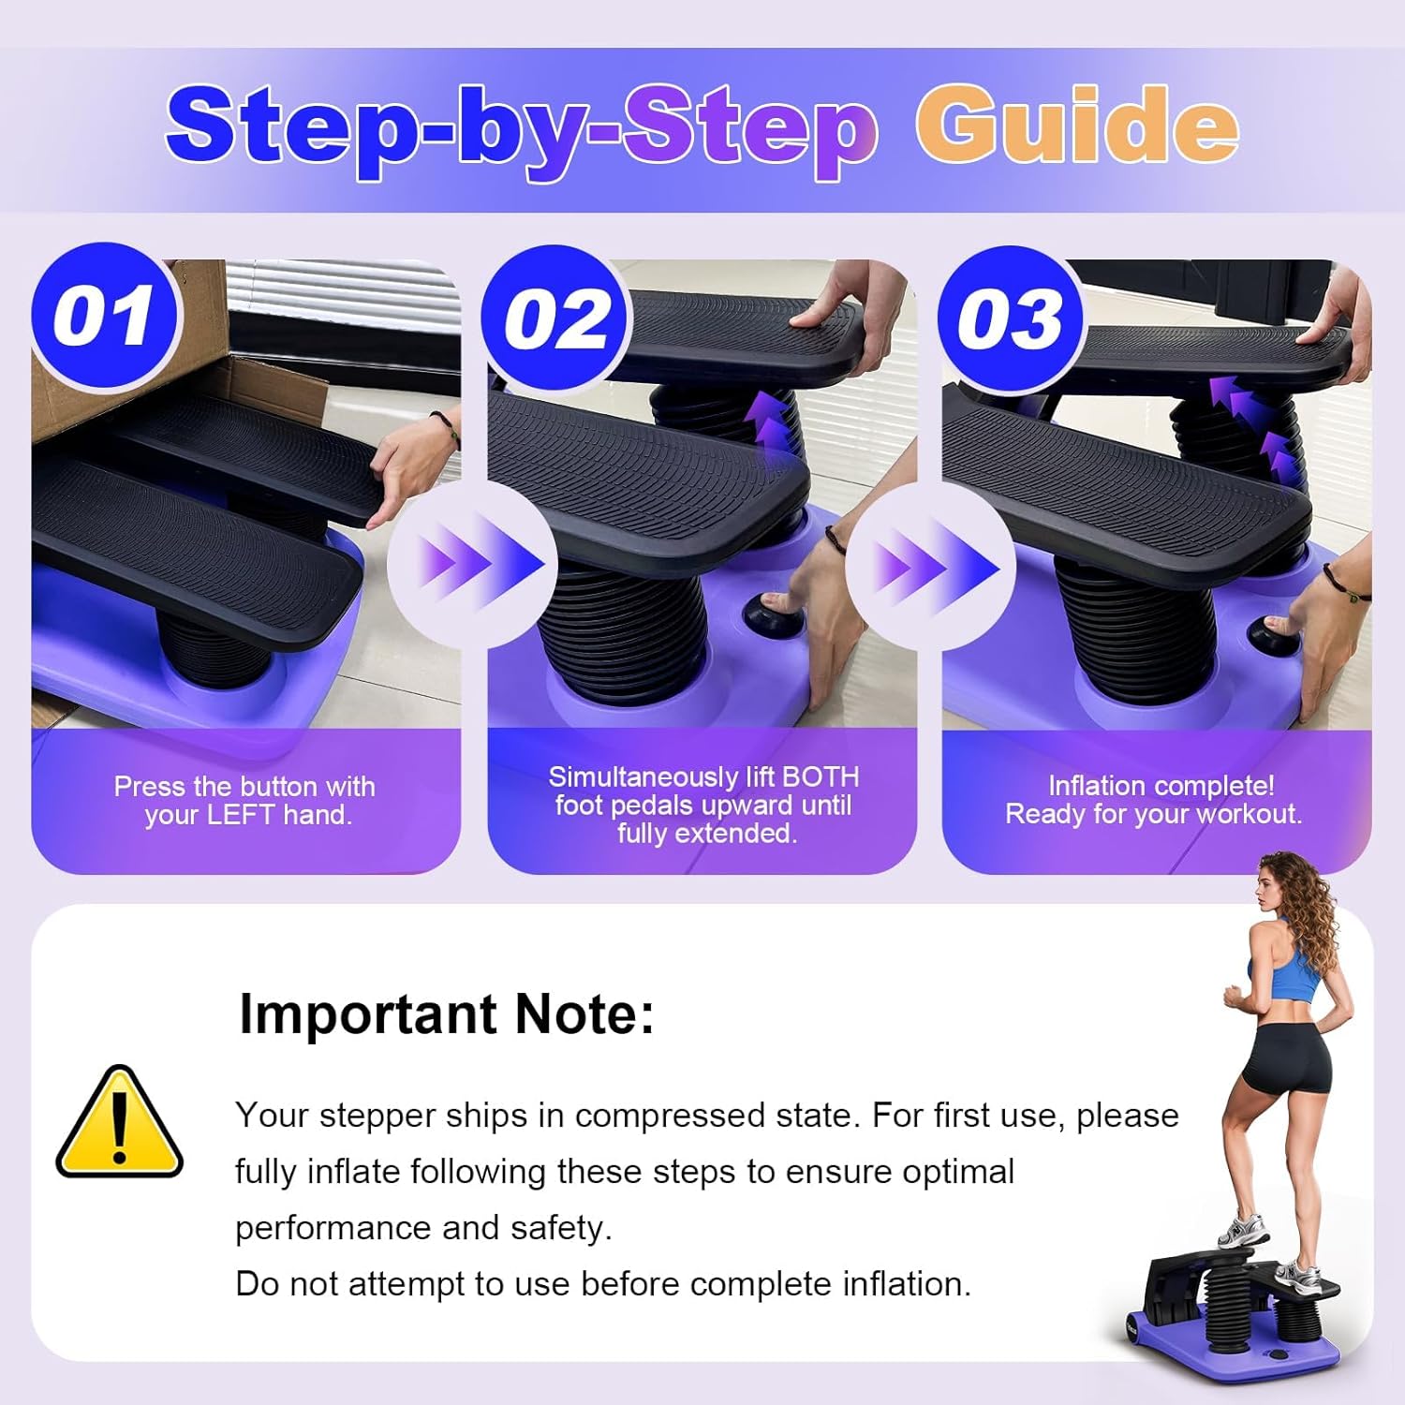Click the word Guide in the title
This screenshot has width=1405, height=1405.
1077,125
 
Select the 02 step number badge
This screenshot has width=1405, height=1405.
556,319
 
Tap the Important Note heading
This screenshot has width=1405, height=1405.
447,1014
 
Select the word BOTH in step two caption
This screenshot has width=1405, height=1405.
821,776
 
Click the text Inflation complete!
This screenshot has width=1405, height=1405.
1161,785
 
